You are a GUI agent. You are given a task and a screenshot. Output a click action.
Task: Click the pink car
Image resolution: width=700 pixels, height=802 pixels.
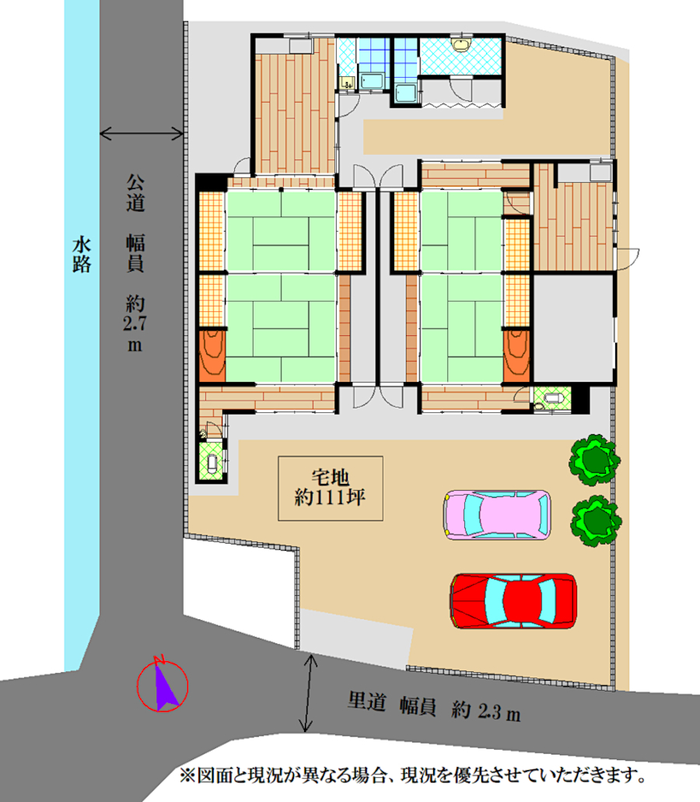[x=497, y=515]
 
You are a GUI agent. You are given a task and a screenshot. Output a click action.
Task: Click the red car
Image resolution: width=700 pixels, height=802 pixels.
[x=513, y=601]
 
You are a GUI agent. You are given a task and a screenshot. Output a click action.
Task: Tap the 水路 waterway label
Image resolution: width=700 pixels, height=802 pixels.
[x=82, y=254]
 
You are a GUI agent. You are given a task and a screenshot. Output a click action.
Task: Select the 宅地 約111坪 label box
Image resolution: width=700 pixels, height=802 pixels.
[x=331, y=489]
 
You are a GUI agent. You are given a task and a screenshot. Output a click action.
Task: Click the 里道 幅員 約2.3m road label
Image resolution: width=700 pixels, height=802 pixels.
[x=434, y=707]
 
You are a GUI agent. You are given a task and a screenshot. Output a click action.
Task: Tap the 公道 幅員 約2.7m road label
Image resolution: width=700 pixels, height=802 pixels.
[x=135, y=264]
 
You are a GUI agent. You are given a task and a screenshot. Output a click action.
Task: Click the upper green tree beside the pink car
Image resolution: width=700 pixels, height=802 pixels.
[x=594, y=459]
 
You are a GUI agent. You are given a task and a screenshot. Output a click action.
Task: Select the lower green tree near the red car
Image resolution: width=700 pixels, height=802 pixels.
[x=597, y=520]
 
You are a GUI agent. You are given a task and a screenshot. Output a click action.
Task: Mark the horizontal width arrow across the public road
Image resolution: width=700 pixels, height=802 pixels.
[x=142, y=134]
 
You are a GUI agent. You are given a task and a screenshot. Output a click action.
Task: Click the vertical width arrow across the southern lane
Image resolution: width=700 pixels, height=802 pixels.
[x=308, y=693]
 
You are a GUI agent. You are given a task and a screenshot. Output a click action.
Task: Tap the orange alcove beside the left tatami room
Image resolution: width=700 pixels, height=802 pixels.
[x=212, y=356]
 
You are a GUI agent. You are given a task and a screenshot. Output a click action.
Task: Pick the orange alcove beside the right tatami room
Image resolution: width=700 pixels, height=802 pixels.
[x=516, y=356]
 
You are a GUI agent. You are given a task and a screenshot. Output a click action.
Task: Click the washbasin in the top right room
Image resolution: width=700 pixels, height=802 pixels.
[x=460, y=44]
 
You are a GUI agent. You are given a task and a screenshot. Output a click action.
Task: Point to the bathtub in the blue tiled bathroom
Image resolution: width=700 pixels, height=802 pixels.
[x=371, y=81]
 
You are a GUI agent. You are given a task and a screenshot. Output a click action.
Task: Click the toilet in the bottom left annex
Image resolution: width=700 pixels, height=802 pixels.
[x=212, y=463]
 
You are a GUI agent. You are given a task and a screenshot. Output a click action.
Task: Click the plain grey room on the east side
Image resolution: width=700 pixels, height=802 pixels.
[x=573, y=328]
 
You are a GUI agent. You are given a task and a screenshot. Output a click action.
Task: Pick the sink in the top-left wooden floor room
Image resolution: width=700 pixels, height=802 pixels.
[x=301, y=46]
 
